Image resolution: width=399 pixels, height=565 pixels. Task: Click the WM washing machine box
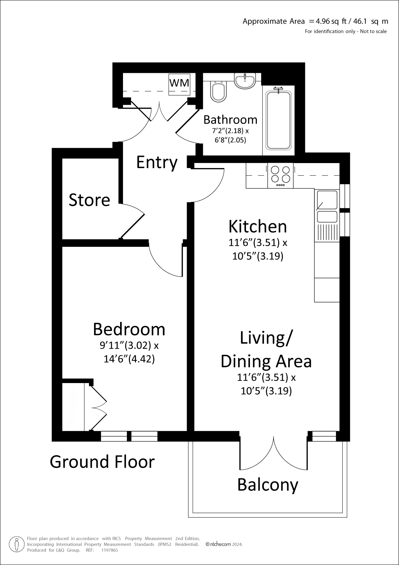[x=179, y=84]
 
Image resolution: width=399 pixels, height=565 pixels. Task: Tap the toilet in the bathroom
[x=218, y=91]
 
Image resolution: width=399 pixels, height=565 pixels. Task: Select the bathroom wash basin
[x=245, y=81]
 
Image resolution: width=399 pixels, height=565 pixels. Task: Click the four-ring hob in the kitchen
[x=281, y=175]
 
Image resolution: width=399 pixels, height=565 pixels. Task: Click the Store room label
[x=89, y=200]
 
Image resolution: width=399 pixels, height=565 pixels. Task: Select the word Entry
[x=157, y=163]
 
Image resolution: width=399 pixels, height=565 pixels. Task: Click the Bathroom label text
[x=230, y=120]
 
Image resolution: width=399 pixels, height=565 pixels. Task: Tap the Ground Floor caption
[x=102, y=462]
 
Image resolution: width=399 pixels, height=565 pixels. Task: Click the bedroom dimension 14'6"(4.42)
[x=129, y=359]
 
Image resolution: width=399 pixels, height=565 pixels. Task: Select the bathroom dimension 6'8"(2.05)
[x=230, y=140]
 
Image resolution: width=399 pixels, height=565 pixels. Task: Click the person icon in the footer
[x=16, y=544]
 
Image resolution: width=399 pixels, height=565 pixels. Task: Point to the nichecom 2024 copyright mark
[x=224, y=544]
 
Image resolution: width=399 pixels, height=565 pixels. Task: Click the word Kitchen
[x=258, y=227]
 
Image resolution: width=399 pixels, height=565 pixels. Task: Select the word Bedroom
[x=129, y=329]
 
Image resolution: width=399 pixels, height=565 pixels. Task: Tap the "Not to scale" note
[x=373, y=31]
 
